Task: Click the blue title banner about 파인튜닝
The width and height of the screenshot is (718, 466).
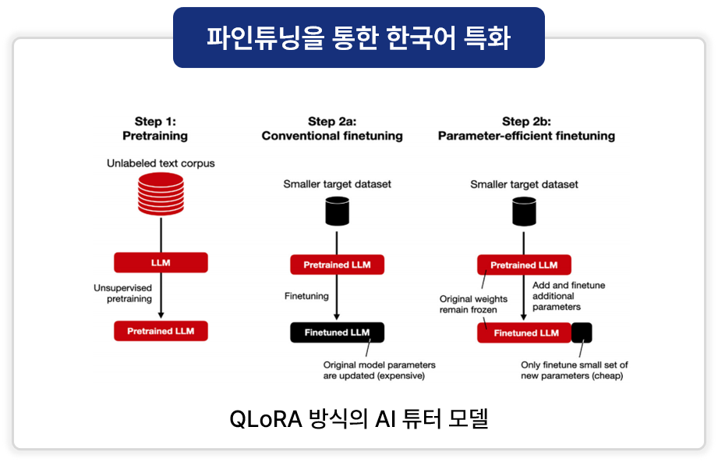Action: click(x=359, y=37)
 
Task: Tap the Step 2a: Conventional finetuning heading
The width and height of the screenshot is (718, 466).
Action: click(x=332, y=128)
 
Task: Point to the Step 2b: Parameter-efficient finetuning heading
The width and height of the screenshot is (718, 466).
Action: click(x=526, y=128)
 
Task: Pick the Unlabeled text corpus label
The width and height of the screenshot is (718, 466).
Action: click(x=161, y=164)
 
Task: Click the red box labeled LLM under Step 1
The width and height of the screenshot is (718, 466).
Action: click(x=161, y=263)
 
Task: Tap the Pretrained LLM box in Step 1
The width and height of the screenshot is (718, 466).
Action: click(x=161, y=331)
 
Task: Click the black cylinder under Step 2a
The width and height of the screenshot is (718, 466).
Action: click(x=337, y=211)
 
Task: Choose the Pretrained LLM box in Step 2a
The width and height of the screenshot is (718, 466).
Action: click(x=337, y=265)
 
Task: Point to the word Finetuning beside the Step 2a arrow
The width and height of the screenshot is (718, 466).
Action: click(x=306, y=297)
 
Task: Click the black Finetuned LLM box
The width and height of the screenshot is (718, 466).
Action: click(x=337, y=333)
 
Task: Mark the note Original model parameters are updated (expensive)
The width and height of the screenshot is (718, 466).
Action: click(x=379, y=370)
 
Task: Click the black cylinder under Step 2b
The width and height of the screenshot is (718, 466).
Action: click(x=524, y=211)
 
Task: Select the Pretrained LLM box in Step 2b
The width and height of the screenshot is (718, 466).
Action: click(x=524, y=265)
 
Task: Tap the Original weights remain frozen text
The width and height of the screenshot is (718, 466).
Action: click(x=473, y=304)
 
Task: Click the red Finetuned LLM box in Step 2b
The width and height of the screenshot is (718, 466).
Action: click(x=524, y=333)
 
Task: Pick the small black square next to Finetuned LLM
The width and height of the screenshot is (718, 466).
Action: click(x=582, y=333)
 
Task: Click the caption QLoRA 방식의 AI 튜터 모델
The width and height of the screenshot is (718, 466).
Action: click(x=359, y=419)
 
